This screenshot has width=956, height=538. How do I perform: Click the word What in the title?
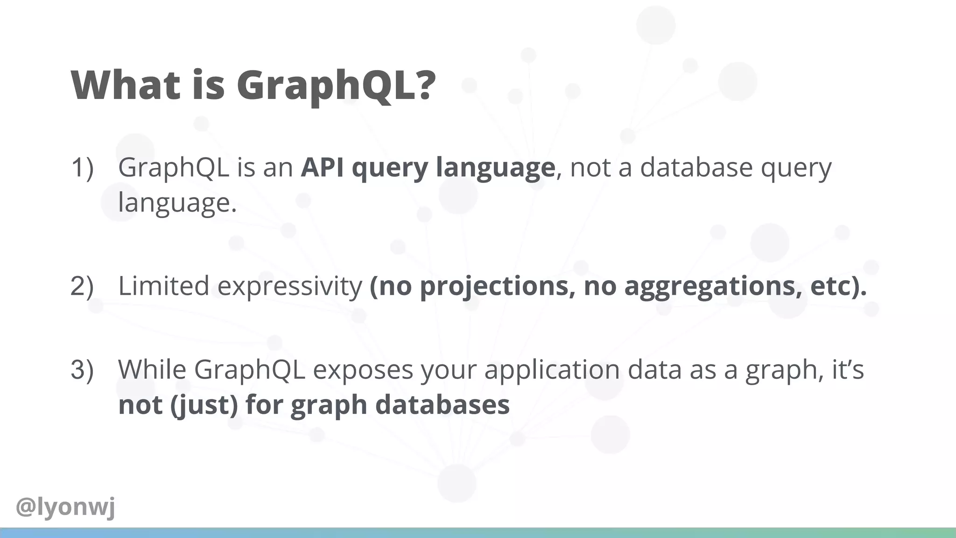[x=125, y=85]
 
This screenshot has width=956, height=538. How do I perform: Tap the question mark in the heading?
[x=424, y=85]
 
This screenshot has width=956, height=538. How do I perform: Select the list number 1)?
[x=82, y=167]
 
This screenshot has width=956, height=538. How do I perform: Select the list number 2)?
[x=82, y=286]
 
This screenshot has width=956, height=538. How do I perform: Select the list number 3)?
[x=82, y=369]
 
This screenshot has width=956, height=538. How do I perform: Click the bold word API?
[x=322, y=167]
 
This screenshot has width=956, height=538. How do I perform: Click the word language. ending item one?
[x=177, y=203]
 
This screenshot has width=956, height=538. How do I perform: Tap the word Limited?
[x=163, y=286]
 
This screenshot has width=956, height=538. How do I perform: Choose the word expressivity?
[x=289, y=286]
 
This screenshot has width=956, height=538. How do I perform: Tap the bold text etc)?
[x=838, y=286]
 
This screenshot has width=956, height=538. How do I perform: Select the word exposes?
[x=363, y=369]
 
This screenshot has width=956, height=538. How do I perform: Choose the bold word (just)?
[x=204, y=405]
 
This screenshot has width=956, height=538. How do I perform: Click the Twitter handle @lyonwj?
[x=65, y=507]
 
